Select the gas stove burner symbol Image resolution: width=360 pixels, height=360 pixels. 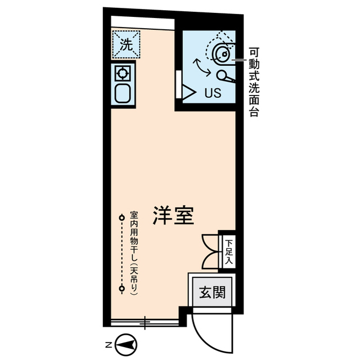point(123,72)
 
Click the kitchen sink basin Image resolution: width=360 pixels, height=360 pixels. point(123,93)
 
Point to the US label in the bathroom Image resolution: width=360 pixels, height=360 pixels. point(212,93)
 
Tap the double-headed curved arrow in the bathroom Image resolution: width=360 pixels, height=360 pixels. point(202,67)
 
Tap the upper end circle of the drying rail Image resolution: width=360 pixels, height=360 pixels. point(121,217)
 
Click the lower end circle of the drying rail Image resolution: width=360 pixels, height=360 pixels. point(121,289)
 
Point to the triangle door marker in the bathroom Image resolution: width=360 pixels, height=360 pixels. point(188,92)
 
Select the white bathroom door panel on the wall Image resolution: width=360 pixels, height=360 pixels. point(178,84)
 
